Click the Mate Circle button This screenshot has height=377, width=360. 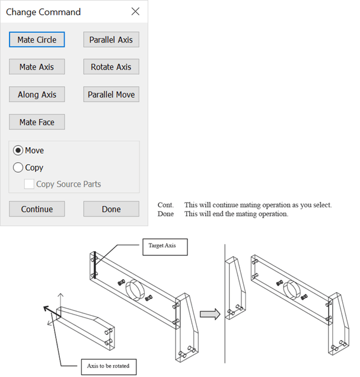tap(37, 40)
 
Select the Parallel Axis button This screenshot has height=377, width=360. tap(111, 40)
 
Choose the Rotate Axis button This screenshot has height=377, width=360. tap(111, 67)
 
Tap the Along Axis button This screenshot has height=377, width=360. tap(37, 94)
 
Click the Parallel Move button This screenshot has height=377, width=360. tap(111, 94)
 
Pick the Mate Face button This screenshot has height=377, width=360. tap(37, 122)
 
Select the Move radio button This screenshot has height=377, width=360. tap(18, 151)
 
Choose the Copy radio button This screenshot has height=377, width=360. tap(18, 167)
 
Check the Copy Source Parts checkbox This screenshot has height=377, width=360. tap(29, 184)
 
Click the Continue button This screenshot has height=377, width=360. tap(37, 209)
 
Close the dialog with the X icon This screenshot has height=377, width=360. tap(135, 12)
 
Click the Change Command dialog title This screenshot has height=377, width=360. tap(43, 12)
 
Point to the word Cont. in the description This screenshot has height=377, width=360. tap(165, 205)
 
